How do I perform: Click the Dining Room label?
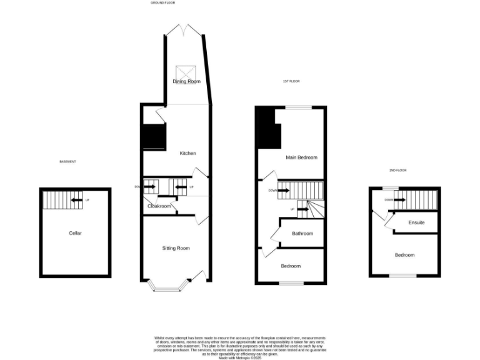(x=186, y=81)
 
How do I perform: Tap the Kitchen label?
(x=188, y=153)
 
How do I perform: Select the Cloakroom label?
(x=159, y=206)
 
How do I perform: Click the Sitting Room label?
(x=176, y=248)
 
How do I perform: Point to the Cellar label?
(x=75, y=233)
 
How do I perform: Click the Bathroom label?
(x=302, y=234)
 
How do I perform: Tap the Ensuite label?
(x=417, y=222)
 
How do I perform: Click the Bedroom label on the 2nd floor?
(x=404, y=255)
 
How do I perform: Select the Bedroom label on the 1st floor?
(x=291, y=266)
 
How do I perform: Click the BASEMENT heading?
(x=67, y=162)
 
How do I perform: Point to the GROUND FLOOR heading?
(x=163, y=3)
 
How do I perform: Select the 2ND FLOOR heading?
(x=397, y=171)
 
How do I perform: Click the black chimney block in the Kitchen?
(x=154, y=136)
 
